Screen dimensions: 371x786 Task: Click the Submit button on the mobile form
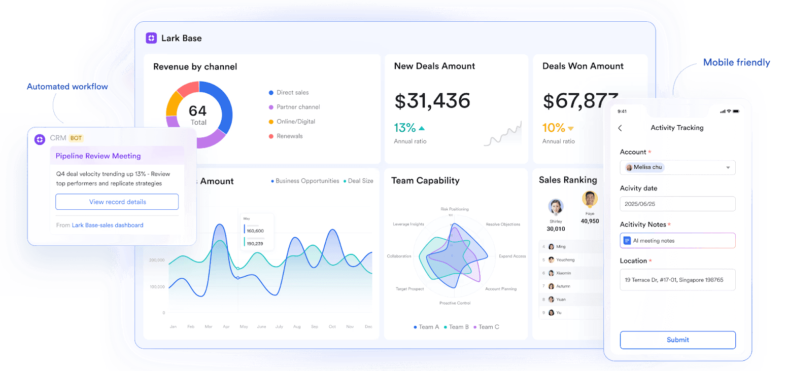pos(677,340)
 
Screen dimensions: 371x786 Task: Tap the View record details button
pos(117,202)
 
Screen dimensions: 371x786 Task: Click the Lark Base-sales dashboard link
pos(108,225)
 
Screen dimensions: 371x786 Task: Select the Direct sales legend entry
pos(292,93)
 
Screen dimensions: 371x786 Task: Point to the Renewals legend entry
pos(289,136)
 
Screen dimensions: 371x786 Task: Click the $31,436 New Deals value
pos(432,101)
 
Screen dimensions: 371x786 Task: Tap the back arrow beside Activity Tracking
pos(620,128)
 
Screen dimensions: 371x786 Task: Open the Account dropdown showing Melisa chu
pos(677,167)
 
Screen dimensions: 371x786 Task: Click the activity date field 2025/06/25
pos(677,204)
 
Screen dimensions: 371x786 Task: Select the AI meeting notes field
pos(677,241)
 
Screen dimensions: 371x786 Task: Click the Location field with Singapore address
pos(677,280)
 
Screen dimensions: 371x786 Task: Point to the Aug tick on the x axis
pos(297,327)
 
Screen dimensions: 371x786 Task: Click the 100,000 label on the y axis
pos(157,287)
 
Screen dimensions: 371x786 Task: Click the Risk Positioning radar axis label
pos(455,209)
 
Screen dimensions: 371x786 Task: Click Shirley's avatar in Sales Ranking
pos(556,207)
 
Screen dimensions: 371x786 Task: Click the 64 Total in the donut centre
pos(198,115)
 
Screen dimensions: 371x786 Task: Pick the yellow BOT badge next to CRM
pos(76,138)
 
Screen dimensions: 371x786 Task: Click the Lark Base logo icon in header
pos(151,38)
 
